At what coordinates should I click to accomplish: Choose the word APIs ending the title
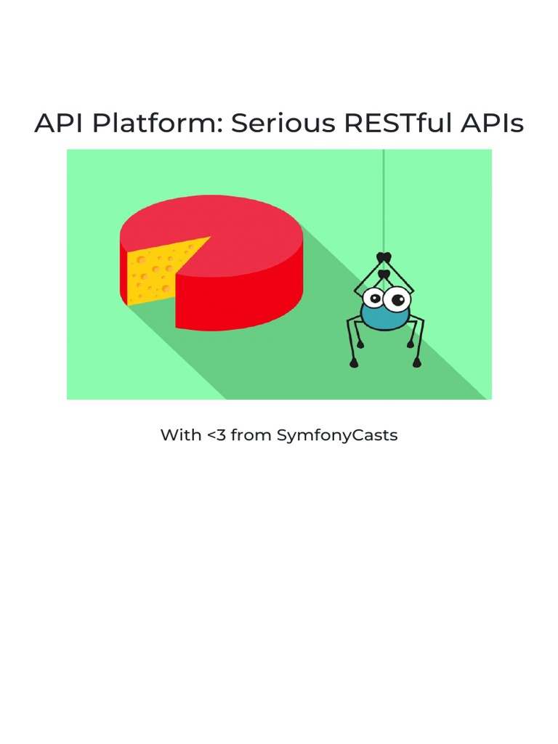click(x=492, y=124)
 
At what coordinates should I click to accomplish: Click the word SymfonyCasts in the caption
click(x=337, y=435)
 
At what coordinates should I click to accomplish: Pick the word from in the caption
click(x=251, y=435)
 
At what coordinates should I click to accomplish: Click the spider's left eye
click(x=374, y=298)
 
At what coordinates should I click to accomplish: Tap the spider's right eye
click(x=397, y=298)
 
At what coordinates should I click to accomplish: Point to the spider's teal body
click(x=385, y=318)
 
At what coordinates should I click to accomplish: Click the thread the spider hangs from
click(x=384, y=196)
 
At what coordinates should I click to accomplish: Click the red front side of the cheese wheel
click(x=240, y=302)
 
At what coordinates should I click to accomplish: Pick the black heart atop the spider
click(x=384, y=258)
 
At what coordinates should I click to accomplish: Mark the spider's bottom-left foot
click(x=354, y=363)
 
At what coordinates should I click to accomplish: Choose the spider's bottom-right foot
click(x=417, y=363)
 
